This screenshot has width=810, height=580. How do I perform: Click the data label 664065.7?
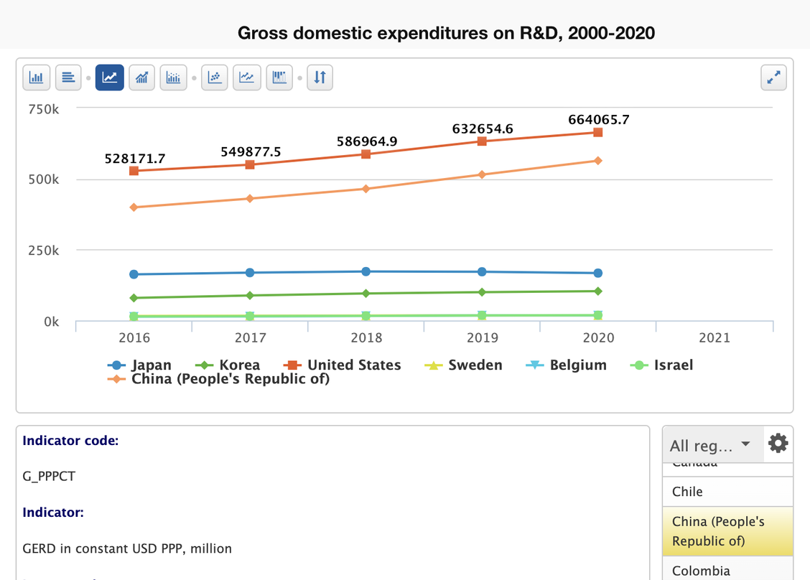[x=598, y=120]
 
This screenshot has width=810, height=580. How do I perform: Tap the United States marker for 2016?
[x=134, y=171]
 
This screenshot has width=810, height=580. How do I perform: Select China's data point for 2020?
[x=598, y=161]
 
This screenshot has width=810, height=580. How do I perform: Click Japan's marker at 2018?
[x=366, y=271]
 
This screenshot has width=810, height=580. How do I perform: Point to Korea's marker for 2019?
[x=482, y=292]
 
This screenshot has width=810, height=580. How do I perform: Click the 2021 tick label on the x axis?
[x=714, y=337]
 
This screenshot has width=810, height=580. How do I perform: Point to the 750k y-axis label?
[x=44, y=109]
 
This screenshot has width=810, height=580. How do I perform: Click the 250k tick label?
[x=44, y=251]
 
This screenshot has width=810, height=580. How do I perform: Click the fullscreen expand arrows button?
[x=773, y=78]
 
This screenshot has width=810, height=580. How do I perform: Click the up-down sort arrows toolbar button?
[x=320, y=78]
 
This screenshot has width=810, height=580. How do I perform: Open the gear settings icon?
[x=778, y=444]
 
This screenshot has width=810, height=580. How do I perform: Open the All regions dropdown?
[x=709, y=445]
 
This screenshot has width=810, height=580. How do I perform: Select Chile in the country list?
[x=687, y=492]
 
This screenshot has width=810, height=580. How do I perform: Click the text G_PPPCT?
[x=49, y=476]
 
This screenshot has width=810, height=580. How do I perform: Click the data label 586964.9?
[x=366, y=141]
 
